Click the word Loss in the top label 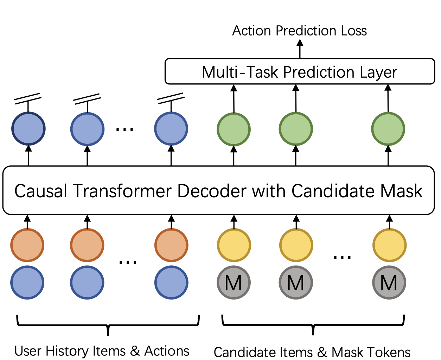[354, 31]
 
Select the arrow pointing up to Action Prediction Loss [300, 49]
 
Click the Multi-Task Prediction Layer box [300, 71]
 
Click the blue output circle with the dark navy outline [28, 129]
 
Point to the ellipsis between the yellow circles [342, 257]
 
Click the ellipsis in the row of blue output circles [124, 129]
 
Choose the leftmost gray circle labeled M [234, 282]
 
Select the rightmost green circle [388, 129]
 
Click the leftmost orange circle [27, 245]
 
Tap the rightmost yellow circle [389, 245]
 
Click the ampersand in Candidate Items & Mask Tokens [322, 352]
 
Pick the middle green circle [296, 129]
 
